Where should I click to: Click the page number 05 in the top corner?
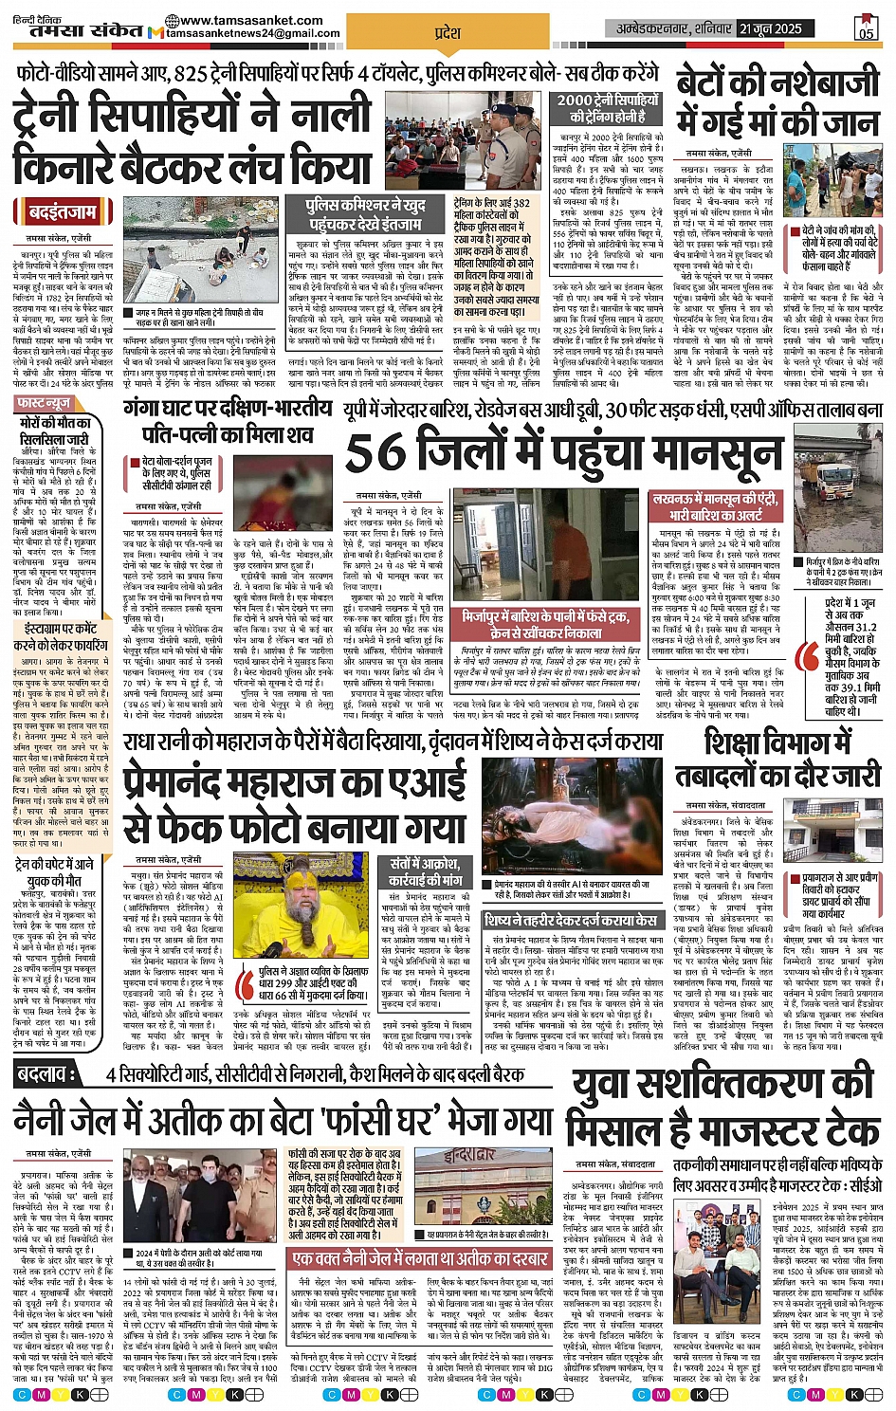pos(866,29)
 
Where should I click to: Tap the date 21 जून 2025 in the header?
pos(770,29)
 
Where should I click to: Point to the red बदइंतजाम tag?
pos(62,211)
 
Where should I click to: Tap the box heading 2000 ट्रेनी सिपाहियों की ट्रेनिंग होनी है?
pos(607,108)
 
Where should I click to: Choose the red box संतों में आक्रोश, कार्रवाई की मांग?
pos(425,871)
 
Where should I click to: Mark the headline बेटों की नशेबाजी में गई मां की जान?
pos(777,102)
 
